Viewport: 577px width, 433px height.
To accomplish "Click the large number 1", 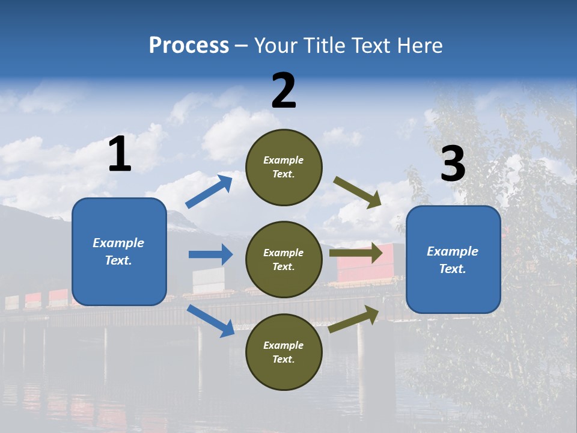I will click(x=120, y=155).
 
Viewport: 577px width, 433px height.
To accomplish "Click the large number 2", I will click(x=284, y=91).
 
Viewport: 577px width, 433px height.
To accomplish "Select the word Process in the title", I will click(x=189, y=45).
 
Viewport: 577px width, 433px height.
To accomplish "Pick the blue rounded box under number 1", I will click(x=119, y=251).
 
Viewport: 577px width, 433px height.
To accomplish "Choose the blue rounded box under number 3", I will click(x=453, y=259).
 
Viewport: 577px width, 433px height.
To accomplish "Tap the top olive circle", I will click(x=284, y=167).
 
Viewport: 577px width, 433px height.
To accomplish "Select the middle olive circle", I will click(x=284, y=259).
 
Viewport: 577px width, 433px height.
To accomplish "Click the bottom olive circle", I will click(x=284, y=352).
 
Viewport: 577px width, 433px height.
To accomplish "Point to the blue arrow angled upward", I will click(x=209, y=191).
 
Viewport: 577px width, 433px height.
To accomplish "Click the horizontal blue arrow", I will click(x=210, y=254).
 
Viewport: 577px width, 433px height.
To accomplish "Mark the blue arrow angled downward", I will click(x=211, y=321).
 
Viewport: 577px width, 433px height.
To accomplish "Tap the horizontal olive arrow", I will click(x=356, y=253).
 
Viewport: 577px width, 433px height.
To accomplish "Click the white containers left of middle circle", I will click(x=208, y=281).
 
